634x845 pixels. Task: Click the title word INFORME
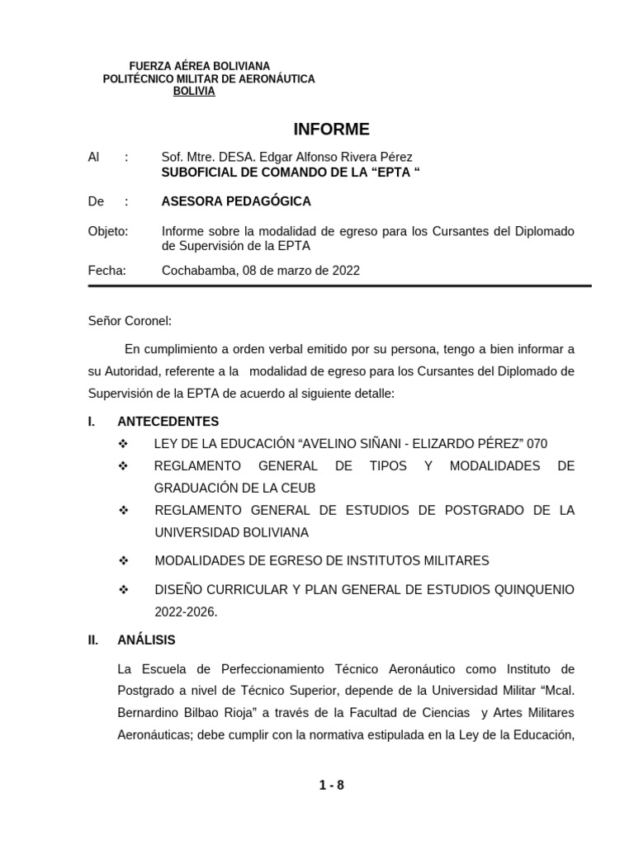click(x=332, y=130)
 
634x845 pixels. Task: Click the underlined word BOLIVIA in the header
click(x=194, y=92)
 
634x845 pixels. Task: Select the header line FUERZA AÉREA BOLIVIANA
click(x=201, y=66)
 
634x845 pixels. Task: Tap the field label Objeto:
click(x=107, y=232)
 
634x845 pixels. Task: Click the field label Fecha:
click(x=106, y=270)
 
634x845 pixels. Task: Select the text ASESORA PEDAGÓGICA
click(x=237, y=201)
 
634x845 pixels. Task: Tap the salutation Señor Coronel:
click(x=130, y=321)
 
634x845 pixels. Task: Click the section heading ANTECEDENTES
click(x=168, y=422)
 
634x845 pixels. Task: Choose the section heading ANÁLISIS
click(x=146, y=640)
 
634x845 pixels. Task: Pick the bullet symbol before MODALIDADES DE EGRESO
click(x=125, y=561)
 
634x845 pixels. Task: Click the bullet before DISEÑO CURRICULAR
click(x=125, y=591)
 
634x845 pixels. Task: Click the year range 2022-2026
click(x=185, y=613)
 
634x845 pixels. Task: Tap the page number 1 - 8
click(x=332, y=786)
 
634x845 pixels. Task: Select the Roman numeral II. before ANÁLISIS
click(x=94, y=640)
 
